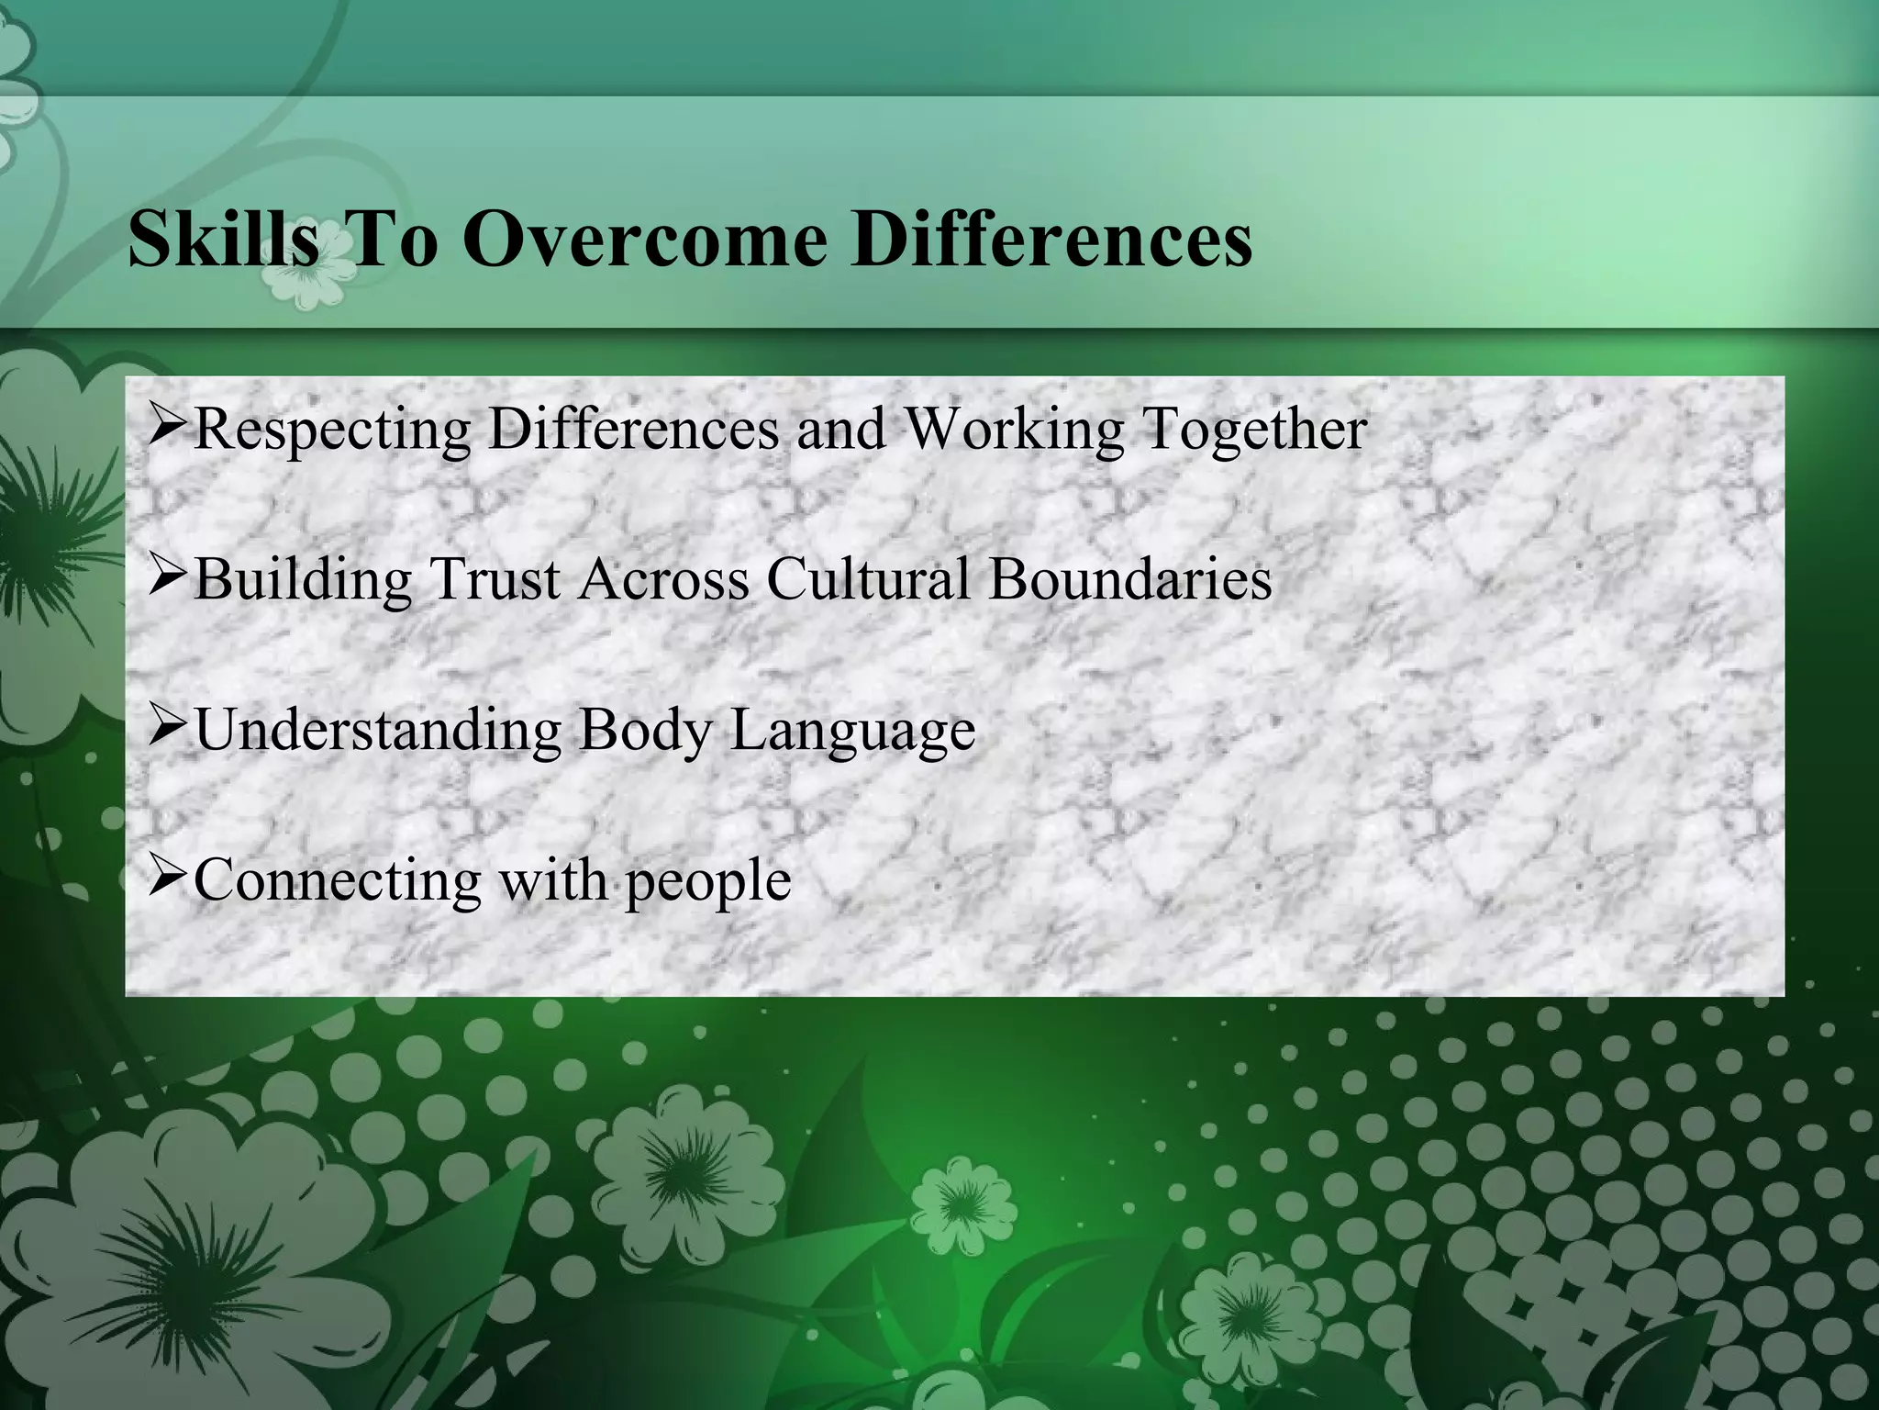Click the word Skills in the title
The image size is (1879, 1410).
[x=224, y=239]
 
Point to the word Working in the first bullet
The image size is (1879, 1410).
[x=1014, y=430]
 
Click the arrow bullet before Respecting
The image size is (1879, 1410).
[x=168, y=427]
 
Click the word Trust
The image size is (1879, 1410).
[x=495, y=580]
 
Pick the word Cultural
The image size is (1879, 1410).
[x=868, y=580]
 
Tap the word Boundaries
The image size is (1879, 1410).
[x=1130, y=580]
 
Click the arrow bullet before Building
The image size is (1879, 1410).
[x=168, y=578]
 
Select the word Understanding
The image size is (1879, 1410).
[x=377, y=731]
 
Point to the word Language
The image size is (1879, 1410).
[x=852, y=731]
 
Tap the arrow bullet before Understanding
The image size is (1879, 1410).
[x=168, y=728]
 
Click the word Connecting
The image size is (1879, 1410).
[x=337, y=881]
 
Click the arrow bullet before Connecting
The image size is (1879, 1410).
[x=168, y=878]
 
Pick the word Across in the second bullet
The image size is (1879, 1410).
[x=663, y=580]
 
